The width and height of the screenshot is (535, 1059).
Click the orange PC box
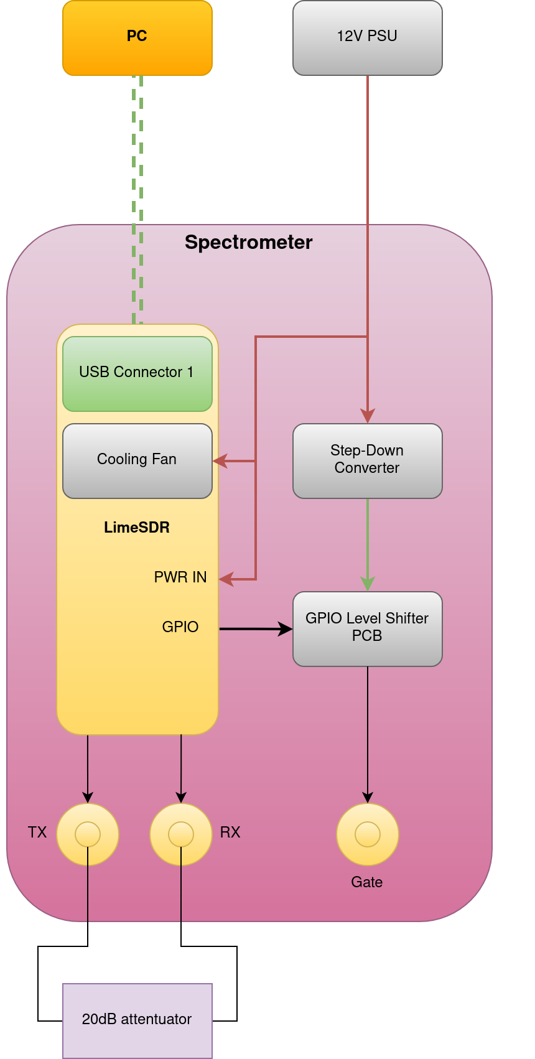pos(137,37)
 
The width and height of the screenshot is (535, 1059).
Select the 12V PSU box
pos(367,37)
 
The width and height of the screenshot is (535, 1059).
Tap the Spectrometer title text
pos(248,242)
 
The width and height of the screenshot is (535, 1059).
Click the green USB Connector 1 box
pos(137,373)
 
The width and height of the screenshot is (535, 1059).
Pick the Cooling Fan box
pos(137,460)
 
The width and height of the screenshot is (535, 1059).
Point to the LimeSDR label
pos(137,527)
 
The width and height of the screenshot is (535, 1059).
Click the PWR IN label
pos(180,577)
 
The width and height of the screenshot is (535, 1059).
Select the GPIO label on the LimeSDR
pos(180,627)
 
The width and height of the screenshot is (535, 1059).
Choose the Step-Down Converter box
pos(367,460)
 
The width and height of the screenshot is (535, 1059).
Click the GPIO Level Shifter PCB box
pos(367,628)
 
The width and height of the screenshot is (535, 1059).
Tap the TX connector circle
pos(88,834)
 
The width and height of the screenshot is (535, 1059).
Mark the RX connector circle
pos(181,834)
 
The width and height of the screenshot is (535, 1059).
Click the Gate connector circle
pos(368,834)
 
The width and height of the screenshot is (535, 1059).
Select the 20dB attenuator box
pos(137,1020)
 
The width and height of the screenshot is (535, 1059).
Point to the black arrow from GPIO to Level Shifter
pos(255,629)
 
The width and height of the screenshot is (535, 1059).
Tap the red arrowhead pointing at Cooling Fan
pos(220,461)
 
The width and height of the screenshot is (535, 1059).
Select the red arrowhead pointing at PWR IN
pos(226,579)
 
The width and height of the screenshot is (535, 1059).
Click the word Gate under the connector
pos(367,882)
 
